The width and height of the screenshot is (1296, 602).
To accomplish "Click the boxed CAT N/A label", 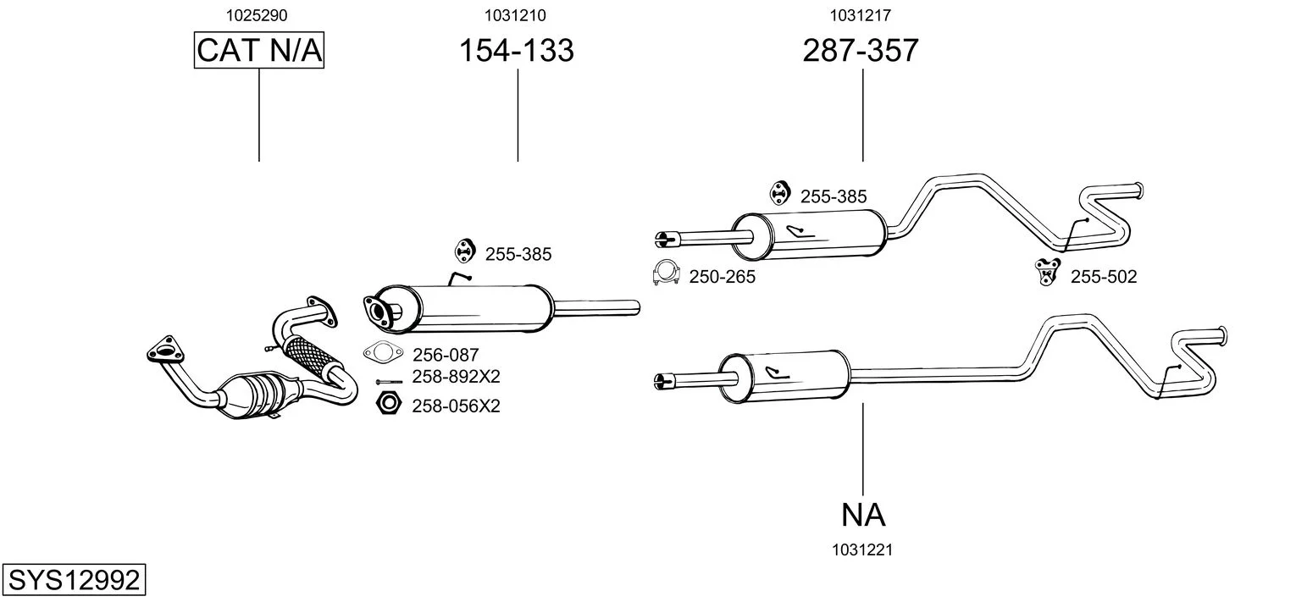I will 259,51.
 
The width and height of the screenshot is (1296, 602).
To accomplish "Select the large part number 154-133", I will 517,51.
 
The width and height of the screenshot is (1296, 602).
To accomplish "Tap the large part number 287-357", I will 861,51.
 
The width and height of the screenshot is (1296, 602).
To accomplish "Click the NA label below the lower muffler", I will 863,514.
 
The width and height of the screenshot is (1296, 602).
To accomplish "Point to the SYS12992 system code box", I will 73,581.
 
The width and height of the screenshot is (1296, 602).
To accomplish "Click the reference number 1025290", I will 259,15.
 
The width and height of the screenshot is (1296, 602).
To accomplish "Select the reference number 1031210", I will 515,15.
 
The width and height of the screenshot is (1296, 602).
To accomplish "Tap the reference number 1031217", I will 861,15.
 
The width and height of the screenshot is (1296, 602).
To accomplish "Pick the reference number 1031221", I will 862,550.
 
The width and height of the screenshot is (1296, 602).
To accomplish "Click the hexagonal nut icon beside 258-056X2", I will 387,404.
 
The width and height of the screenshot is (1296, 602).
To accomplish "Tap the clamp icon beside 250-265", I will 667,273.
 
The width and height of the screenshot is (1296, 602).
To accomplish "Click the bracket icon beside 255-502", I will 1048,271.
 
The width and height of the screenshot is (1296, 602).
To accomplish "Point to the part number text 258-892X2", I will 456,377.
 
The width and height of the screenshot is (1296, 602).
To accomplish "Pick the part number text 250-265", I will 723,277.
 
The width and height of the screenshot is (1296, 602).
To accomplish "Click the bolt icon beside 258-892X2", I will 388,382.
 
